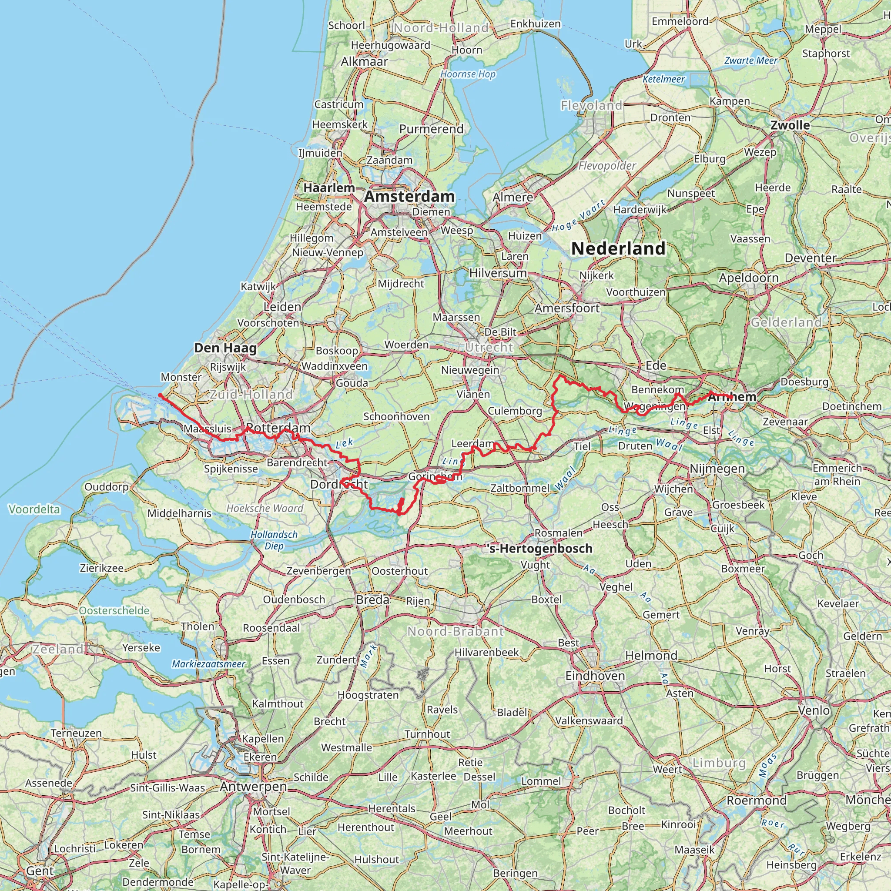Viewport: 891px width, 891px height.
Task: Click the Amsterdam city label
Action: point(409,197)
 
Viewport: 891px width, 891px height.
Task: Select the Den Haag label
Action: point(225,348)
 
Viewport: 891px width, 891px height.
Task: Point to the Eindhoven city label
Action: point(595,676)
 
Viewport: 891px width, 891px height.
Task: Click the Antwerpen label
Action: point(253,786)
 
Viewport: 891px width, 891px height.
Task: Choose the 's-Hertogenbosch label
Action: point(539,548)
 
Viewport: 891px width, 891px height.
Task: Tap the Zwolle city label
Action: point(790,125)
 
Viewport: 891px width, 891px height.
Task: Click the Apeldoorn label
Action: point(748,278)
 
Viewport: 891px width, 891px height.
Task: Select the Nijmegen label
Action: point(717,469)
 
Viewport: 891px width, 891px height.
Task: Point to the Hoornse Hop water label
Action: point(468,74)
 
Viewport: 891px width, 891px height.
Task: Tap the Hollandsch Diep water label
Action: point(274,540)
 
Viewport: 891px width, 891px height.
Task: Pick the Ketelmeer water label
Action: point(663,79)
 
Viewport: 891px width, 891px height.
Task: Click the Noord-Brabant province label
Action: point(455,631)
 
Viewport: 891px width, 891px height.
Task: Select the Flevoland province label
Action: point(591,106)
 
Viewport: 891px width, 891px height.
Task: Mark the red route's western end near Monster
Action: point(160,395)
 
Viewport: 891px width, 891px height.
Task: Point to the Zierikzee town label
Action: point(101,568)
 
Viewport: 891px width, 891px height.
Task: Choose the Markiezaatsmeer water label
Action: point(208,664)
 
